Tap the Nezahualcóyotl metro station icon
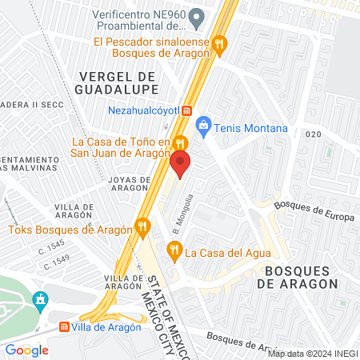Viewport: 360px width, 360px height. click(186, 110)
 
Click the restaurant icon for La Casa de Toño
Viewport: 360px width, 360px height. click(181, 143)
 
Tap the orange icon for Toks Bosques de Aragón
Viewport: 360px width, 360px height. click(142, 229)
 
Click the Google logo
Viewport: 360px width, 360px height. click(27, 350)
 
